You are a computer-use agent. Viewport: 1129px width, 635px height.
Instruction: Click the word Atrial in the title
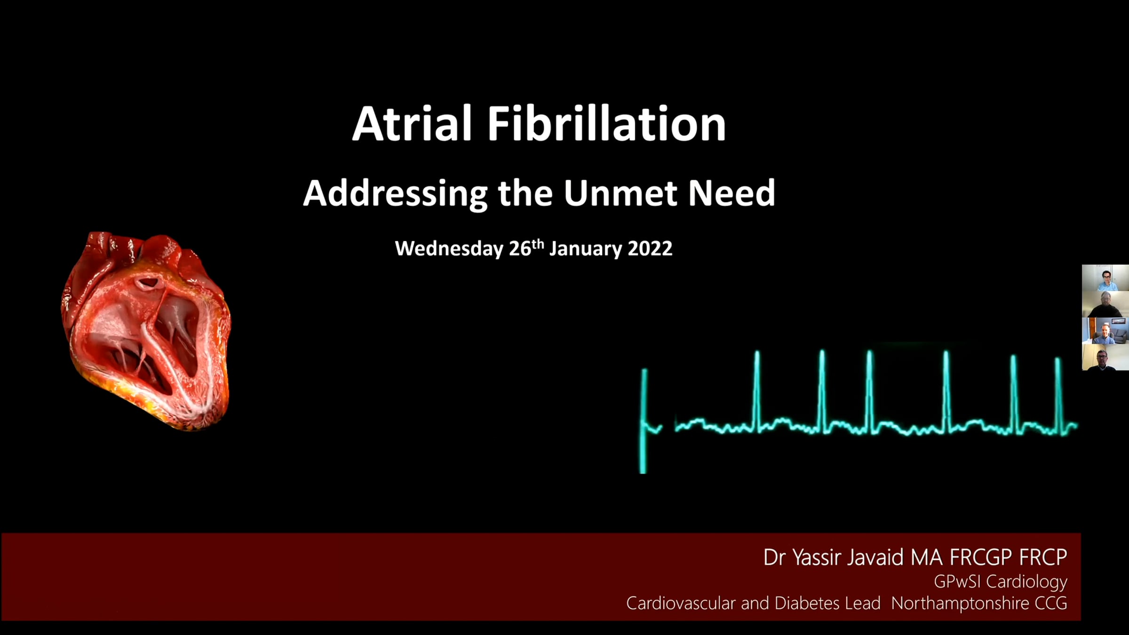coord(412,124)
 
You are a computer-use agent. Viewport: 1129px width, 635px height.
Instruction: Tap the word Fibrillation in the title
coord(606,124)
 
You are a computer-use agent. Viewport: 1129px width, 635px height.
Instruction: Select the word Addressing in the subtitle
coord(396,194)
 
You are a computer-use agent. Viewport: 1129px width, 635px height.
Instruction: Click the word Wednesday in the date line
coord(449,248)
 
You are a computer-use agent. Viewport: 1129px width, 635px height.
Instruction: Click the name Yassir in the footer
coord(817,557)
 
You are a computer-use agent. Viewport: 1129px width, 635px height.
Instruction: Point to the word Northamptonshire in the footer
coord(960,603)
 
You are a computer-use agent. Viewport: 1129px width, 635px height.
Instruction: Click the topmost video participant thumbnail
coord(1105,278)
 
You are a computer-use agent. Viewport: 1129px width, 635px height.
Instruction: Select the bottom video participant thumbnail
coord(1105,357)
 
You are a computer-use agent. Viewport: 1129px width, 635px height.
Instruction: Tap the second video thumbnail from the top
coord(1105,304)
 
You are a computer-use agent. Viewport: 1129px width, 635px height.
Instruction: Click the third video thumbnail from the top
coord(1105,331)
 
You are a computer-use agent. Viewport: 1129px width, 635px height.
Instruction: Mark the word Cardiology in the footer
coord(1027,582)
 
